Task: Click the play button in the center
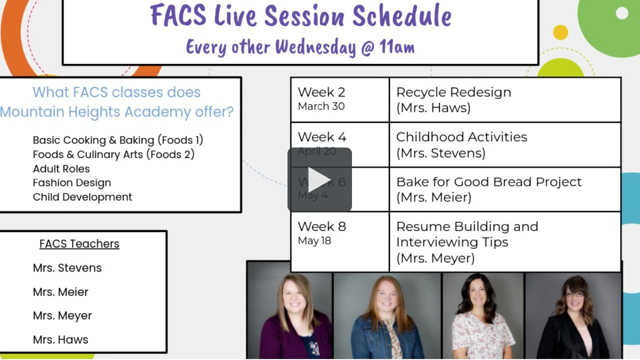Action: tap(319, 179)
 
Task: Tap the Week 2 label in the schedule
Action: tap(321, 92)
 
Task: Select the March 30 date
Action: tap(321, 106)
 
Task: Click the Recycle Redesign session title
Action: tap(453, 92)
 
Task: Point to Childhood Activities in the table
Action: tap(461, 137)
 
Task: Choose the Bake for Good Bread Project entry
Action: tap(488, 181)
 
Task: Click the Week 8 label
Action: tap(321, 226)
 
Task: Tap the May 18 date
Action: tap(314, 241)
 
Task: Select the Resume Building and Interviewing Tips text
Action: tap(466, 234)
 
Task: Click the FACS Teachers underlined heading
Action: tap(79, 244)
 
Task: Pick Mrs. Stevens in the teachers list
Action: tap(67, 268)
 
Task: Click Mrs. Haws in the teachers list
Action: tap(60, 340)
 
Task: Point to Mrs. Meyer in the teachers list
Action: tap(62, 316)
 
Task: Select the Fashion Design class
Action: tap(72, 183)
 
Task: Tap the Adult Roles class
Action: tap(61, 169)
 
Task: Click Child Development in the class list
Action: tap(82, 197)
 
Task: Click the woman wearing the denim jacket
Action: tap(386, 320)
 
